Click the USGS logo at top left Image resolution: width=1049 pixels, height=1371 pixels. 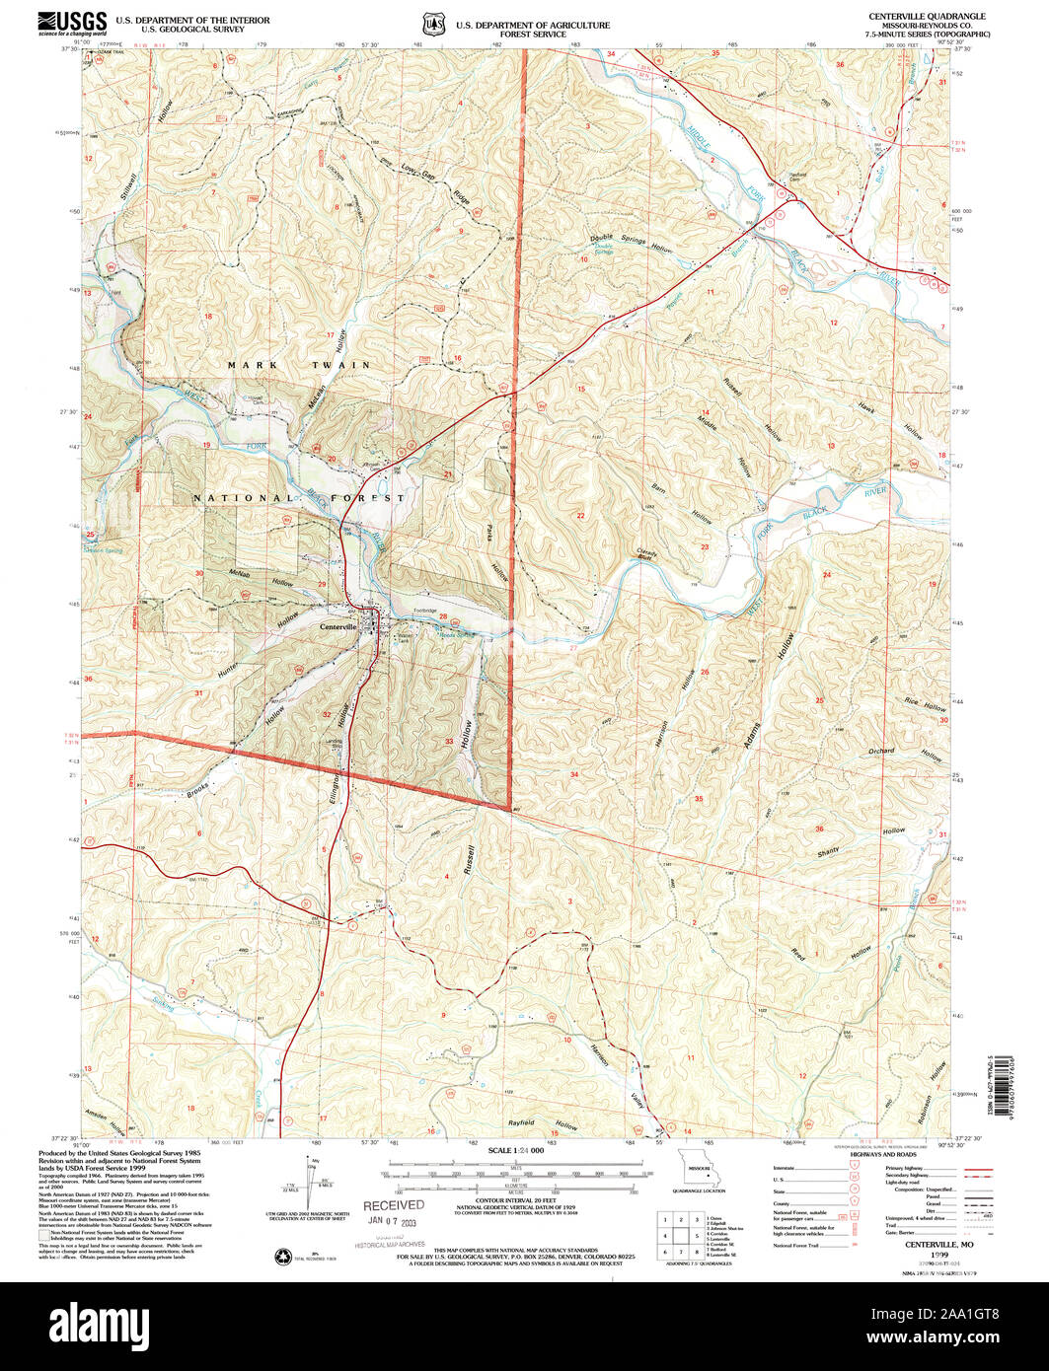pyautogui.click(x=72, y=23)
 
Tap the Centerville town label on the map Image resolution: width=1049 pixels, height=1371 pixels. pyautogui.click(x=337, y=626)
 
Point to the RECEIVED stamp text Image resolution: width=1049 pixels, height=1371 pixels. pyautogui.click(x=394, y=1205)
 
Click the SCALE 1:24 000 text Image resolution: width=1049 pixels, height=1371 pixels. pyautogui.click(x=516, y=1151)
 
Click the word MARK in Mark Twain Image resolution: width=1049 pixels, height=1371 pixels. pyautogui.click(x=247, y=365)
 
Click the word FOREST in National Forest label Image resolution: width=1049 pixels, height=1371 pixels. pyautogui.click(x=375, y=498)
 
